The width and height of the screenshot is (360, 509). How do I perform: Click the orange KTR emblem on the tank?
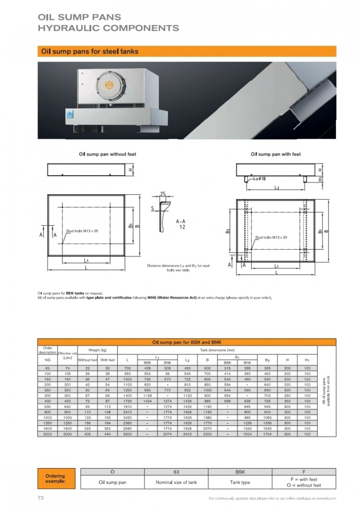point(109,85)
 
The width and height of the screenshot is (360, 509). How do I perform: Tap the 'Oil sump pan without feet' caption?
point(108,155)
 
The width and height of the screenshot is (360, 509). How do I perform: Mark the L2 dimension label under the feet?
point(277,188)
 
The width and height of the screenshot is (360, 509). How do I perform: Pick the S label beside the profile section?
point(152,208)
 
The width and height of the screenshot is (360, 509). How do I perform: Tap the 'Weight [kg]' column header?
point(97,350)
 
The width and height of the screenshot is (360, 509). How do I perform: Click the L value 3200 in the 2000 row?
point(127,434)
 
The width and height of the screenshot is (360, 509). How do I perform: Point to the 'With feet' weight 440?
point(108,434)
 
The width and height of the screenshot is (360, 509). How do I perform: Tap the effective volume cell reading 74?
point(67,368)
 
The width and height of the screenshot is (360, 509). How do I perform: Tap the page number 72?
point(41,498)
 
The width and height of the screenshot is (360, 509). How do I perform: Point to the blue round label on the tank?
point(71,115)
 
